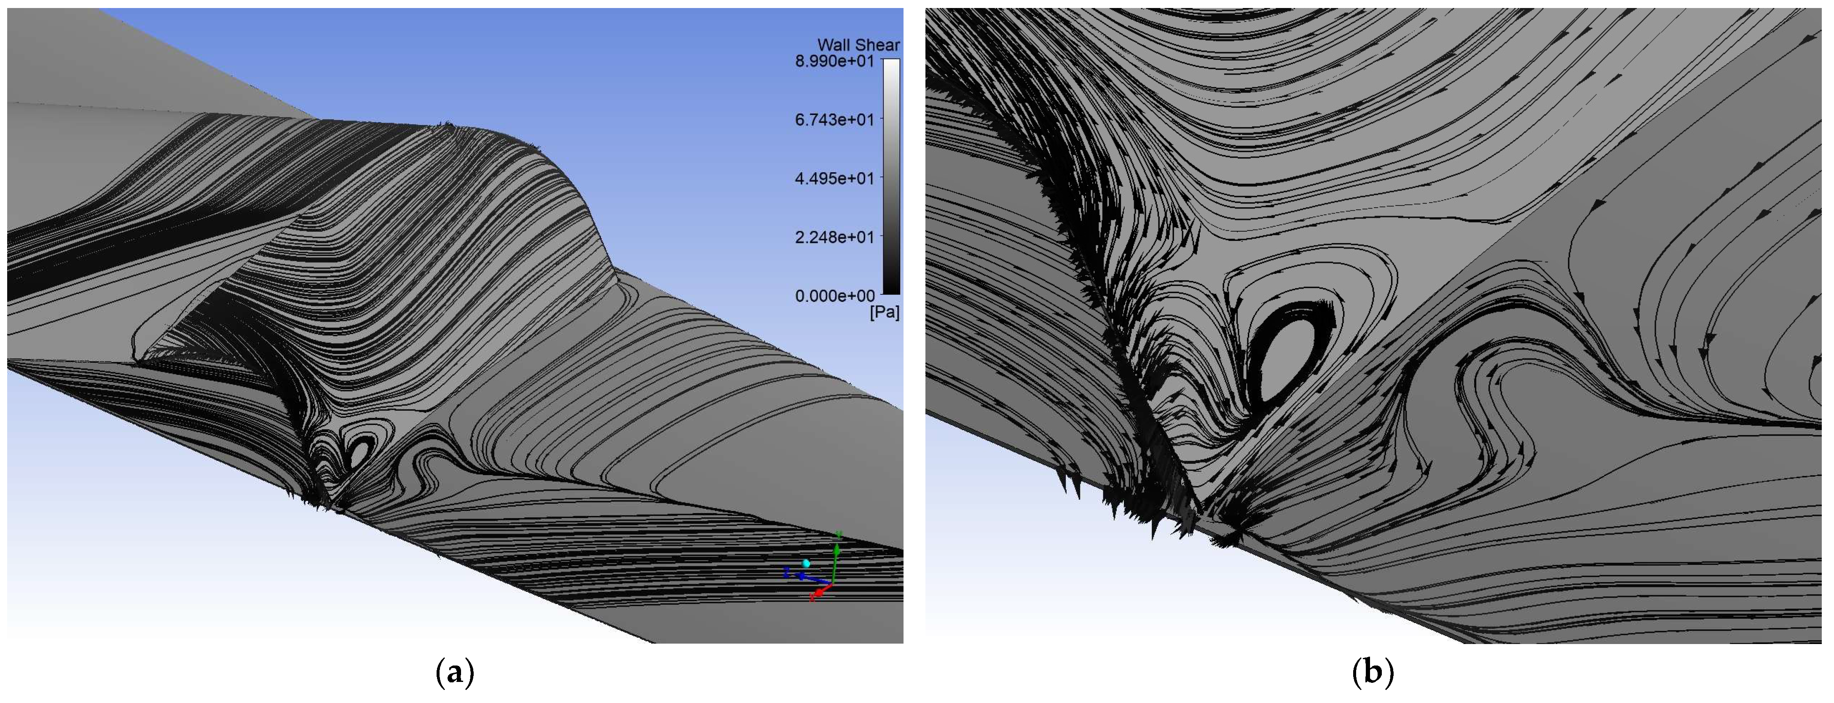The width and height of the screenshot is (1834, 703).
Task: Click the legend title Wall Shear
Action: pyautogui.click(x=858, y=45)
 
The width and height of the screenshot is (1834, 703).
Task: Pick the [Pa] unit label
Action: pyautogui.click(x=884, y=313)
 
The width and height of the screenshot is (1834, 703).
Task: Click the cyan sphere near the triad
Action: pyautogui.click(x=806, y=563)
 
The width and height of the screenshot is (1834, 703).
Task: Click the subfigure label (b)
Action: pyautogui.click(x=1372, y=672)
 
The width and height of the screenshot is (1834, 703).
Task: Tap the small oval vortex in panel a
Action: pyautogui.click(x=360, y=452)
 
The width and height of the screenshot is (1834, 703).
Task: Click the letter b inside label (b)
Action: pyautogui.click(x=1372, y=672)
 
